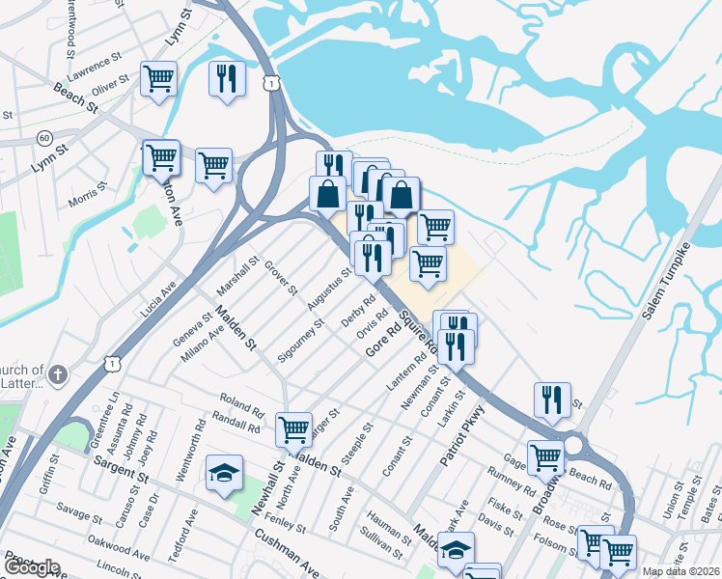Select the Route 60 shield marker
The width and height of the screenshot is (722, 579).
pos(44,138)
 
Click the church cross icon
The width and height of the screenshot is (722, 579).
pos(58,373)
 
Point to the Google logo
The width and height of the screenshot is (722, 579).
pos(31,567)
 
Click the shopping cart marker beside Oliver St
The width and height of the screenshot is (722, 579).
pos(158,78)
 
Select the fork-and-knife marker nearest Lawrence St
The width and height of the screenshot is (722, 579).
pos(227,78)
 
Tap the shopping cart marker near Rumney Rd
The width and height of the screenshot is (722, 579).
pos(545,457)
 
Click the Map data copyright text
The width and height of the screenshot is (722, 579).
pos(680,571)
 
